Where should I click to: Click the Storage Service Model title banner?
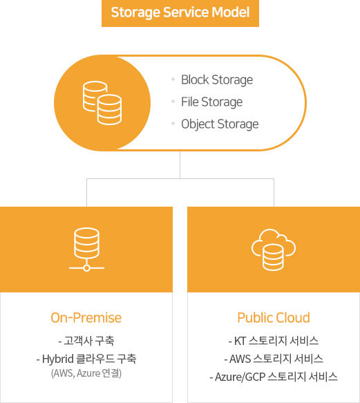pyautogui.click(x=180, y=13)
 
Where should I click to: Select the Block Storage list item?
pyautogui.click(x=217, y=79)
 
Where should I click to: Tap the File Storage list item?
pyautogui.click(x=211, y=102)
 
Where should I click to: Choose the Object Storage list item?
pyautogui.click(x=220, y=124)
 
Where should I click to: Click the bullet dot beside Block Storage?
pyautogui.click(x=173, y=79)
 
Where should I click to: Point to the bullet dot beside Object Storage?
pyautogui.click(x=173, y=124)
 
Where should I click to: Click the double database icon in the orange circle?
pyautogui.click(x=102, y=103)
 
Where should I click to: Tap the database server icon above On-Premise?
pyautogui.click(x=86, y=250)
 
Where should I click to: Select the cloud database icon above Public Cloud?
pyautogui.click(x=274, y=250)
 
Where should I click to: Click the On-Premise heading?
pyautogui.click(x=86, y=318)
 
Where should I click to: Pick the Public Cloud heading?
pyautogui.click(x=274, y=318)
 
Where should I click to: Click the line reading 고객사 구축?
pyautogui.click(x=86, y=341)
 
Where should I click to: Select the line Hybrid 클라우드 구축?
pyautogui.click(x=86, y=359)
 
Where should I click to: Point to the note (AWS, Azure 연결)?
pyautogui.click(x=86, y=373)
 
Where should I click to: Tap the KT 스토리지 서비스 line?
pyautogui.click(x=274, y=341)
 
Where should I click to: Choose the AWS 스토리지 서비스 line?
pyautogui.click(x=274, y=359)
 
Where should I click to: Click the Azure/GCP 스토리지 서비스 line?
pyautogui.click(x=274, y=377)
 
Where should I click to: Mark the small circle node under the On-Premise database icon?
pyautogui.click(x=86, y=268)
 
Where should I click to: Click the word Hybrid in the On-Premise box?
pyautogui.click(x=58, y=359)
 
